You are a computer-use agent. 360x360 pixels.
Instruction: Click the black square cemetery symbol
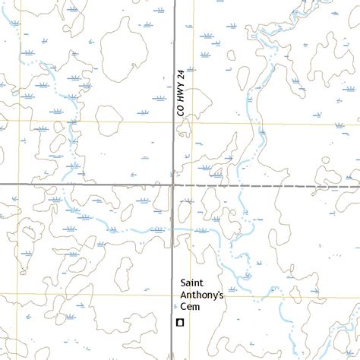(x=180, y=323)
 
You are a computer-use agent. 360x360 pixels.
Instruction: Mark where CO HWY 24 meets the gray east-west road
(x=174, y=185)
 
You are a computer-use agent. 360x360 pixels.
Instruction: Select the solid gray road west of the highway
(x=84, y=185)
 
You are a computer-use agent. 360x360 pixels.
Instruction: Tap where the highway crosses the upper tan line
(x=174, y=122)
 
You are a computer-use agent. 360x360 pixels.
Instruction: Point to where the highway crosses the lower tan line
(x=174, y=295)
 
